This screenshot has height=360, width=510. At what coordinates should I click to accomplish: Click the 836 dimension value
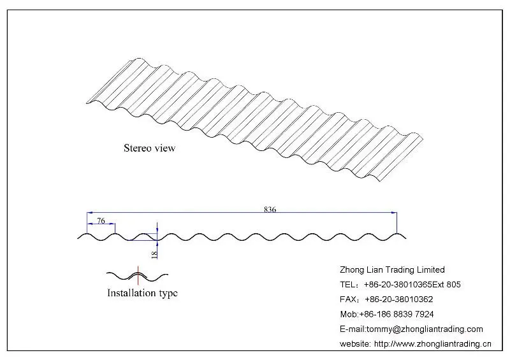click(270, 209)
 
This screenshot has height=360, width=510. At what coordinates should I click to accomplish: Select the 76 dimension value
click(101, 221)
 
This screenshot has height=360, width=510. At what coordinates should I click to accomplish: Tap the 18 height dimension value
click(154, 254)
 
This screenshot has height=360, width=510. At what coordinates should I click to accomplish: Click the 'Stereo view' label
click(150, 148)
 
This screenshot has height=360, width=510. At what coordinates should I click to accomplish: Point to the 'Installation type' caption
click(142, 293)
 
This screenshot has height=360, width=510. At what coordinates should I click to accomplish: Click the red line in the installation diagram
click(138, 275)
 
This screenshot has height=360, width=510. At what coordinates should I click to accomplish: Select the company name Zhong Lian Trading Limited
click(392, 270)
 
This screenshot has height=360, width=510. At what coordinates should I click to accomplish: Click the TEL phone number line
click(400, 285)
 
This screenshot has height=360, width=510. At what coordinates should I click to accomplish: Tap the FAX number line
click(386, 299)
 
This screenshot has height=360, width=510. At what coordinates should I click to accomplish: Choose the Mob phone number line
click(387, 314)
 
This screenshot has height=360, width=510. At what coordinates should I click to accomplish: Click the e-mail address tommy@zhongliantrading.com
click(425, 329)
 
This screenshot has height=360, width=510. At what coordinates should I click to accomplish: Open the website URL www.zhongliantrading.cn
click(433, 343)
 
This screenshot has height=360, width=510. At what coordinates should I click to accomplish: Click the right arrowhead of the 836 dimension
click(394, 213)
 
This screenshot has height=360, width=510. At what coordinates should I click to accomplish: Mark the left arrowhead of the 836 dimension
click(90, 213)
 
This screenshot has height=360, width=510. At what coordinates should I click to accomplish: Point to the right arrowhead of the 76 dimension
click(112, 224)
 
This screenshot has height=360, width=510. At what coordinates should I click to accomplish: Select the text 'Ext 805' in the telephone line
click(447, 285)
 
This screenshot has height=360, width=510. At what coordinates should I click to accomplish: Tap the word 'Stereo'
click(138, 148)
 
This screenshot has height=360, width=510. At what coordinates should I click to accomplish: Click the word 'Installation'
click(131, 292)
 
